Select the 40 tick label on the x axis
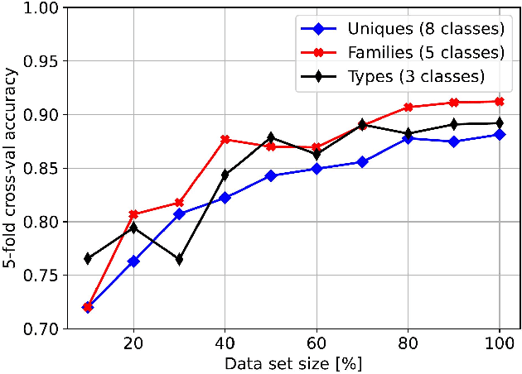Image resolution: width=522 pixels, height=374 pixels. pos(225,343)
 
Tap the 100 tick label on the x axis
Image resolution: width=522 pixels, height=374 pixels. pos(499,343)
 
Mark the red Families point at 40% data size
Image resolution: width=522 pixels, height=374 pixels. pos(225,139)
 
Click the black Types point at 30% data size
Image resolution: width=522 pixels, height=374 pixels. pos(179,260)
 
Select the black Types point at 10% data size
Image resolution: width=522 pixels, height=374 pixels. pos(87,259)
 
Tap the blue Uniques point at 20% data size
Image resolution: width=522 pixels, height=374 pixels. pos(133,261)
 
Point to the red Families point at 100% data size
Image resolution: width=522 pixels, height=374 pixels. pos(499,102)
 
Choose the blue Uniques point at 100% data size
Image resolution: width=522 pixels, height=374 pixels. pos(499,134)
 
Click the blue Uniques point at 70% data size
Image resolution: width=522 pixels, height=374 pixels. pos(361,162)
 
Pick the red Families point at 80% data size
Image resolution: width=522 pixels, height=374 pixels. pos(408,107)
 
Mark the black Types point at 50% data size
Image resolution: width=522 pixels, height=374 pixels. pos(270,137)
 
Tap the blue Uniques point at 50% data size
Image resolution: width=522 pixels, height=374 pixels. pos(270,175)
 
